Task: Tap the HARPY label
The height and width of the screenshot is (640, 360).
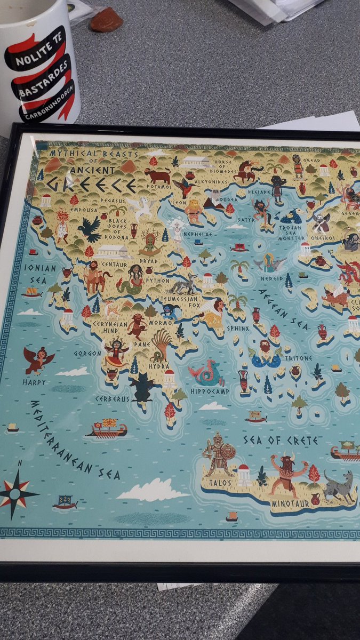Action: click(34, 382)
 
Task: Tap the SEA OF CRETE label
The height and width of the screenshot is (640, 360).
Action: click(281, 441)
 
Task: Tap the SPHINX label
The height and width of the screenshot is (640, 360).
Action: click(237, 329)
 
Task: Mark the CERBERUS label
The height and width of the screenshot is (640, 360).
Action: click(113, 398)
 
